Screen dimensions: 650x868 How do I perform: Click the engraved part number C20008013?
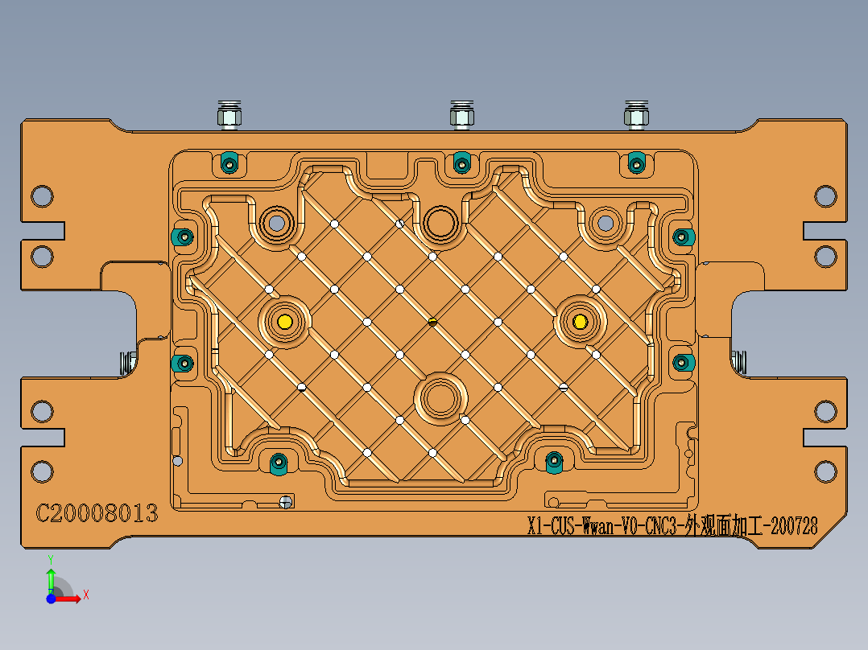[97, 513]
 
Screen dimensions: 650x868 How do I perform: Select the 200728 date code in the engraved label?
[794, 527]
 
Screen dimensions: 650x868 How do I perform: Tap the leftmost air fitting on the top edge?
[228, 116]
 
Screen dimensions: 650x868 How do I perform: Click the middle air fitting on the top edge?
[461, 116]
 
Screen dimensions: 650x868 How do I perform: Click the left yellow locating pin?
[284, 322]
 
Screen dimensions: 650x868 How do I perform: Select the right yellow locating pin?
[580, 322]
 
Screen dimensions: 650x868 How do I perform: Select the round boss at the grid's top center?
[440, 223]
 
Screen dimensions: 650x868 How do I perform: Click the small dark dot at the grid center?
[432, 322]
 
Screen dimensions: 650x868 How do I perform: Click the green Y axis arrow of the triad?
[51, 578]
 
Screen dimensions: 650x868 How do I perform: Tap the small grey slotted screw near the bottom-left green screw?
[284, 502]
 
